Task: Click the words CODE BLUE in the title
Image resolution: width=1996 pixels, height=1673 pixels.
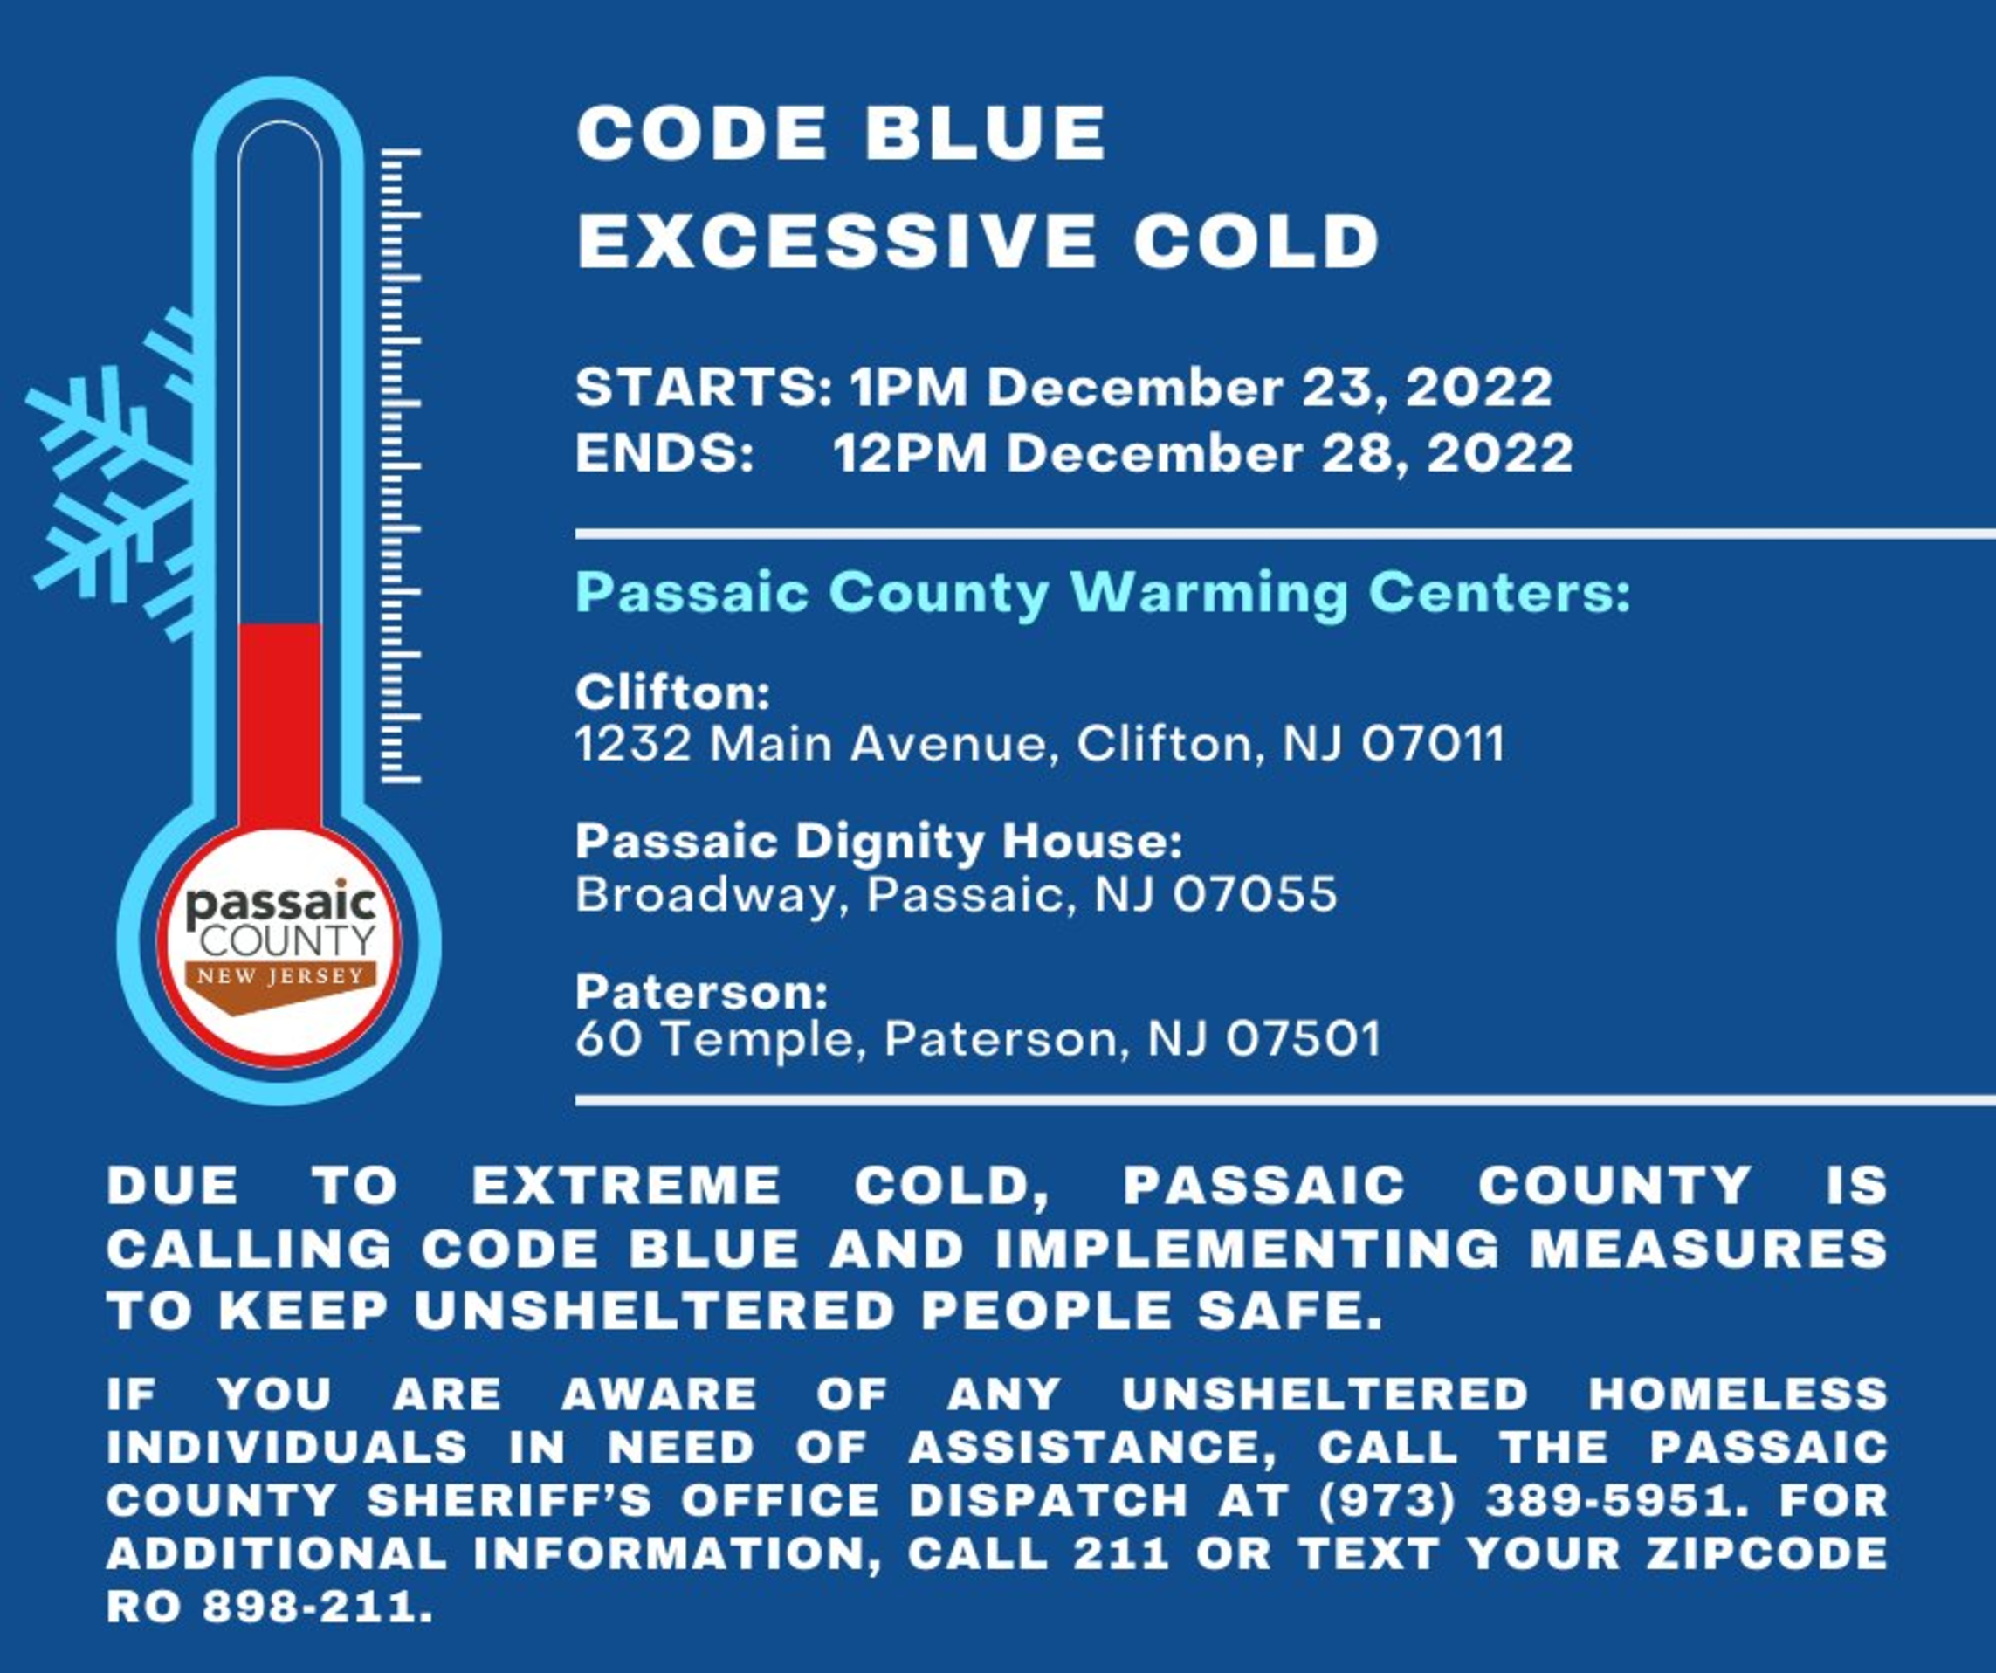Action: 841,133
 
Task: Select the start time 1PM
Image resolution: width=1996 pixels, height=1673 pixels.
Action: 909,388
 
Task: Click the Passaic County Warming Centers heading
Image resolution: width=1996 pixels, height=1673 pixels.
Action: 1103,594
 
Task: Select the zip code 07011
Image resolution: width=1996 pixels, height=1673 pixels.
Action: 1434,743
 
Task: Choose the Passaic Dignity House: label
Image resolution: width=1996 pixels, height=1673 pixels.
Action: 879,843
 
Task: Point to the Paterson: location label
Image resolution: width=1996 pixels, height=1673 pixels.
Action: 701,993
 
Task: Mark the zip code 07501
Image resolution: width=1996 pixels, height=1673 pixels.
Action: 1303,1039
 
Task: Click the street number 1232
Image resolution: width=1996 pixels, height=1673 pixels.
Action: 633,743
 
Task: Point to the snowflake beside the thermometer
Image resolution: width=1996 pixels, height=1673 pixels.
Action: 112,475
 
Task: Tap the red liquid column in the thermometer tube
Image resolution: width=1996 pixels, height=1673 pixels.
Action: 279,727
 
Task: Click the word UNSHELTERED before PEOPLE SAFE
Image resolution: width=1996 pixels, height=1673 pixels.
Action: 655,1311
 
